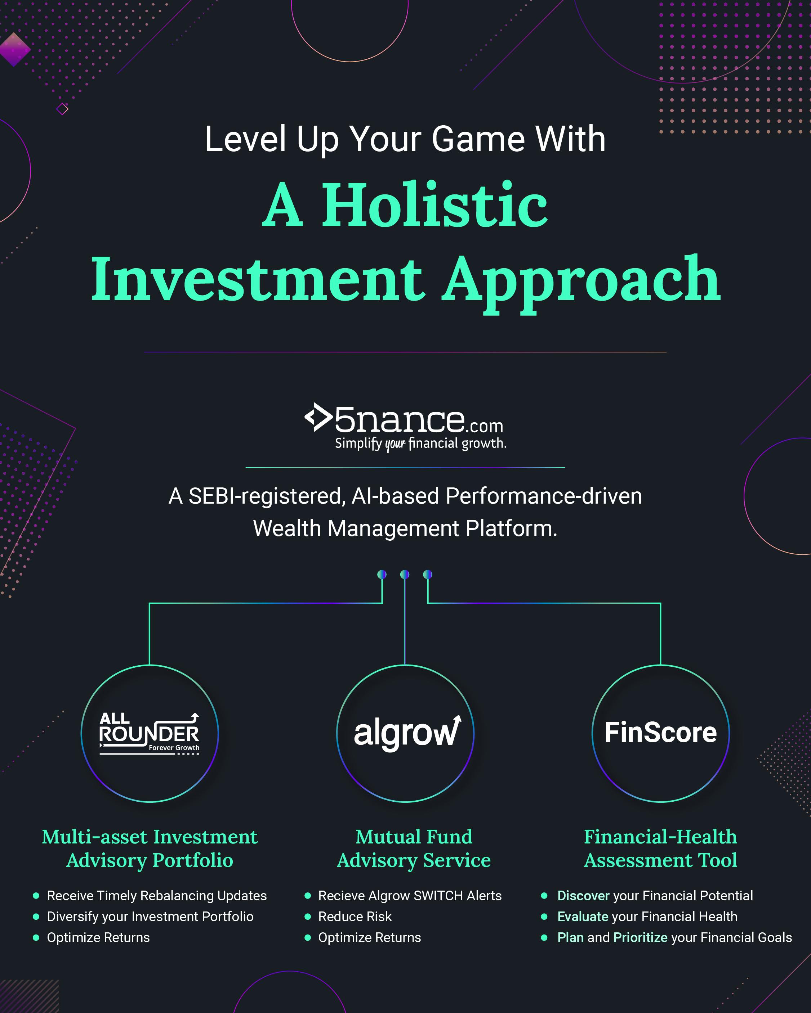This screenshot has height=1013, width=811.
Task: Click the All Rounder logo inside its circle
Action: tap(150, 733)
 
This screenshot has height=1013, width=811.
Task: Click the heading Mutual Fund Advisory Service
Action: tap(414, 848)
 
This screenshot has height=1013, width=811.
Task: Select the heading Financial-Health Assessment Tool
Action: tap(660, 848)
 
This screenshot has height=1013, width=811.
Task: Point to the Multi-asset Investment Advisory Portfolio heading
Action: tap(150, 848)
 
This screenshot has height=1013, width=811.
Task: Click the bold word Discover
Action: tap(583, 896)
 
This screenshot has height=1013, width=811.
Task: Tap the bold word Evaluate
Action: tap(583, 916)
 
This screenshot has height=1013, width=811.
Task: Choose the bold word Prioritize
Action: tap(640, 937)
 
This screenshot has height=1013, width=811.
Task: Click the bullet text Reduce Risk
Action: tap(355, 916)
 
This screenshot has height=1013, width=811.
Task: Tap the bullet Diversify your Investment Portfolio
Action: tap(150, 916)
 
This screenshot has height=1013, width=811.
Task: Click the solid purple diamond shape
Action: tap(14, 49)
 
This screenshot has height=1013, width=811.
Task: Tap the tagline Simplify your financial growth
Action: tap(421, 444)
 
